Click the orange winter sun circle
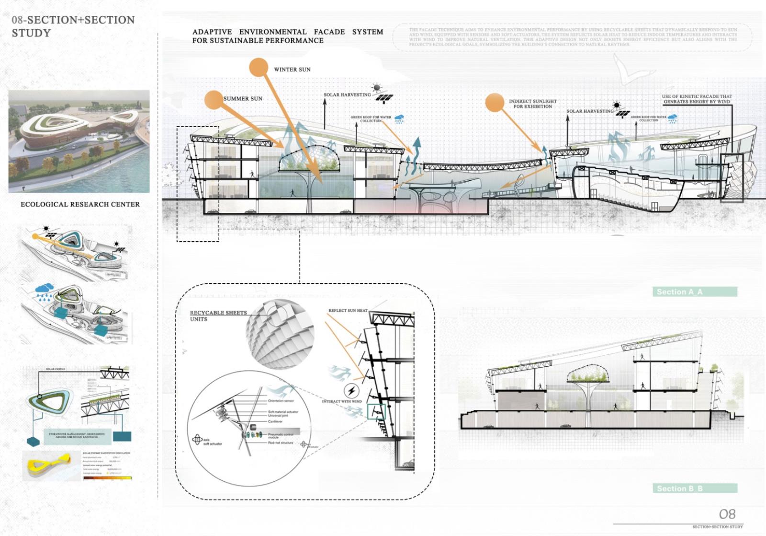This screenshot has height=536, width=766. point(259,68)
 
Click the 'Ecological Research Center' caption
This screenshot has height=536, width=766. point(80,204)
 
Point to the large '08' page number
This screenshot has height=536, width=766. point(727,514)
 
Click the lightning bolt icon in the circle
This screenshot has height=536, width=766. point(351,390)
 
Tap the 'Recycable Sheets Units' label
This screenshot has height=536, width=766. point(218,315)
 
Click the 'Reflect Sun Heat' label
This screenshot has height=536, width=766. point(348,311)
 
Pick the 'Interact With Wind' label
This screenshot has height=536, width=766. point(342,401)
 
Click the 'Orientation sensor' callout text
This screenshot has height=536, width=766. point(281,401)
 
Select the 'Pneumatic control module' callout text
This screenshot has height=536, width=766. point(281,436)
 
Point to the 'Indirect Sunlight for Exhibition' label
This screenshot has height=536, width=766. point(532,104)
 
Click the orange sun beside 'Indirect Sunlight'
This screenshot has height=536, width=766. point(495,102)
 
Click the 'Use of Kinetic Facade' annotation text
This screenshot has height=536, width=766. point(697,99)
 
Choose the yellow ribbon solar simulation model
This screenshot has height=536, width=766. point(51,465)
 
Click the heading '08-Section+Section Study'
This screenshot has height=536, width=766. point(73,26)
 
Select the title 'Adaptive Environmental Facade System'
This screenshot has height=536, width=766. point(287,36)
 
